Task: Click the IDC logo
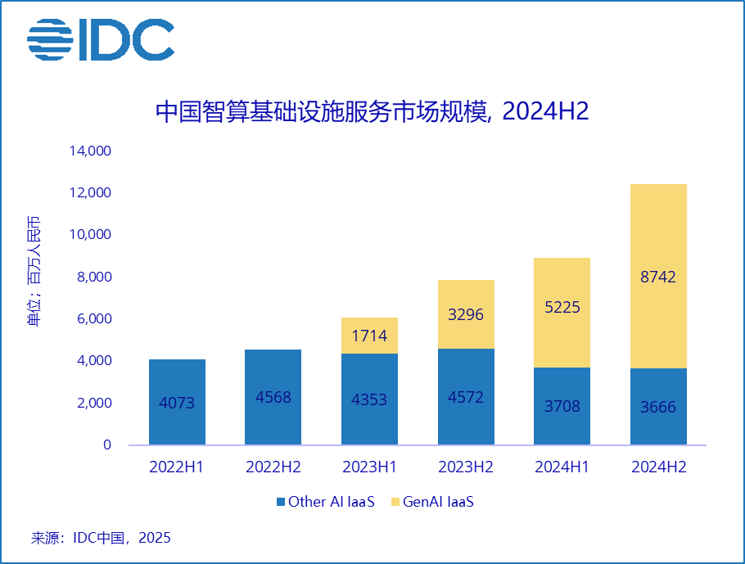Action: [x=100, y=39]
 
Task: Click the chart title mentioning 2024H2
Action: [x=372, y=112]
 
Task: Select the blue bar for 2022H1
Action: [x=177, y=402]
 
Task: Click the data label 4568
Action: [x=273, y=397]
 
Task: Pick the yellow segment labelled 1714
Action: [x=370, y=336]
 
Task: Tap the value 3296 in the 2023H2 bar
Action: [x=467, y=315]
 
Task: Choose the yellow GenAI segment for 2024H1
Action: [x=562, y=313]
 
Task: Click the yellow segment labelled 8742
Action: [x=658, y=277]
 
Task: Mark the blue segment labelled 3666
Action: [x=658, y=406]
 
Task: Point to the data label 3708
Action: [x=562, y=407]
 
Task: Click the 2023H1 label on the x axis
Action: [x=370, y=467]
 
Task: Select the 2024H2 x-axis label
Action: [x=658, y=467]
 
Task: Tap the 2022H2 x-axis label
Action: [x=273, y=467]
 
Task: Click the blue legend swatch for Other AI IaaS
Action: [x=280, y=502]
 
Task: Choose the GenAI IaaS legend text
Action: [x=438, y=502]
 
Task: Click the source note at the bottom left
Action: [x=101, y=538]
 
